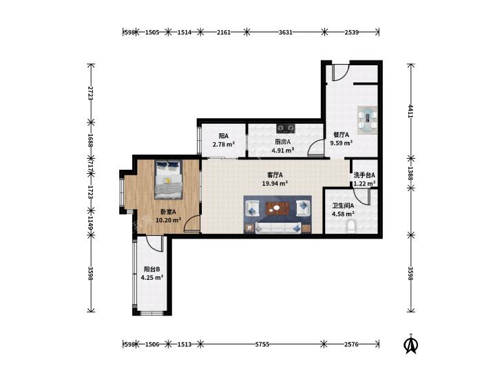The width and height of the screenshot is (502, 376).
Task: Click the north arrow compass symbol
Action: coord(411,344)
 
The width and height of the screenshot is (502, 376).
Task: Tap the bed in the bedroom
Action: coord(169,179)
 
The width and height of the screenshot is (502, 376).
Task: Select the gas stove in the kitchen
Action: coord(285,129)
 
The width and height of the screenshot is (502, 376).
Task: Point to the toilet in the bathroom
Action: coord(351,226)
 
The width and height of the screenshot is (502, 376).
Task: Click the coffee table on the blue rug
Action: coord(278,208)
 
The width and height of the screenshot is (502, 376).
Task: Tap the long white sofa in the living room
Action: coord(278,228)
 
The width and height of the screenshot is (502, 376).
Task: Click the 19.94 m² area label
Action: coord(275,184)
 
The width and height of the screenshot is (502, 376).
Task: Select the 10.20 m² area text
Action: coord(169,220)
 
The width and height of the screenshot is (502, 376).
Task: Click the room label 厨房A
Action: coord(283,142)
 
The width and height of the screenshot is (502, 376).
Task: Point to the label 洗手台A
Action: coord(364,175)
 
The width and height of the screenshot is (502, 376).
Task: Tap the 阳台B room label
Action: coord(151,269)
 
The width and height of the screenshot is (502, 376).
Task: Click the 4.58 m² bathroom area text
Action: coord(343,214)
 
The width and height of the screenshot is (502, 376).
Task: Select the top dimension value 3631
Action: coord(285,32)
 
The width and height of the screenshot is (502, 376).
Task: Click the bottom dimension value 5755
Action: coord(262,344)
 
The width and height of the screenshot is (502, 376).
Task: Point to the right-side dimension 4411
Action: coord(410,111)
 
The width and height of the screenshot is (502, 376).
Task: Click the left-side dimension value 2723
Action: coord(90,93)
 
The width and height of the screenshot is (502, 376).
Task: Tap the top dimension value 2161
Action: coord(224,32)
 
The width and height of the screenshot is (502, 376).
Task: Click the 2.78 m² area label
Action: coord(224,144)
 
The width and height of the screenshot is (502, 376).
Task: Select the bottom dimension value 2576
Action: coord(351,344)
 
